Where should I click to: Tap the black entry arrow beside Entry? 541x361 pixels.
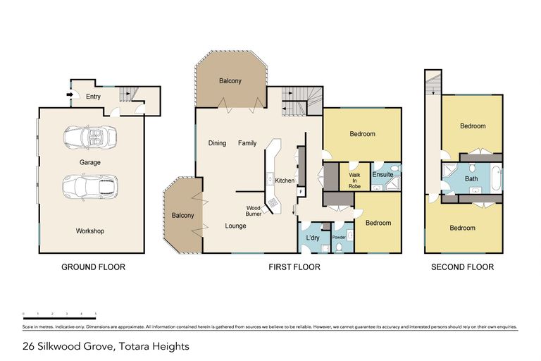[x=69, y=94]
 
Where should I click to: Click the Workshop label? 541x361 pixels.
[x=90, y=231]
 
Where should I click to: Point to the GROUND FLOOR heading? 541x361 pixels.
[x=93, y=267]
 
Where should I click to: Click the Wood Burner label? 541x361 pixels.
[x=254, y=211]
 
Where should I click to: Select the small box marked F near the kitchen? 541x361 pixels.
[x=301, y=191]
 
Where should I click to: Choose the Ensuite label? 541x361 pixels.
[x=383, y=173]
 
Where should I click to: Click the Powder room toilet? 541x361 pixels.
[x=340, y=246]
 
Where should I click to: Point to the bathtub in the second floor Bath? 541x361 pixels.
[x=497, y=178]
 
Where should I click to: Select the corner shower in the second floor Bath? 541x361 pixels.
[x=448, y=171]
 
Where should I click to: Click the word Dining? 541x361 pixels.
[x=217, y=143]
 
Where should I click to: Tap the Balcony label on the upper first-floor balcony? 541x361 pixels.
[x=230, y=81]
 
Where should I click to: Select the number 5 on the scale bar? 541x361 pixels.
[x=96, y=313]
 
